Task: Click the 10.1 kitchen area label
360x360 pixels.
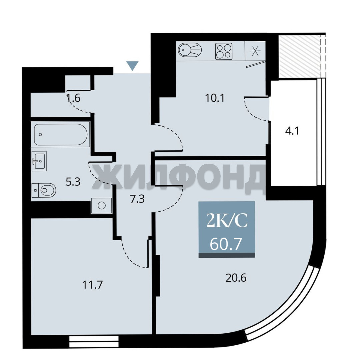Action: [214, 98]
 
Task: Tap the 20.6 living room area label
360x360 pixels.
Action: [236, 278]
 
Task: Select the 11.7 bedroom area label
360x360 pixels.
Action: [92, 285]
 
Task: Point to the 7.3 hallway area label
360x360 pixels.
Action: [137, 199]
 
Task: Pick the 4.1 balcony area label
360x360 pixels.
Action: [292, 131]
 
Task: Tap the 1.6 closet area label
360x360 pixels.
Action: [74, 98]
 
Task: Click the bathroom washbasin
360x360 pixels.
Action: [39, 161]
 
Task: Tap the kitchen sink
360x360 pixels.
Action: [190, 50]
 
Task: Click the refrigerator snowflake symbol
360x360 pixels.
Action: [255, 51]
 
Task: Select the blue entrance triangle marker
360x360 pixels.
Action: [133, 66]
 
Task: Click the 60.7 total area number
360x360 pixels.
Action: [226, 244]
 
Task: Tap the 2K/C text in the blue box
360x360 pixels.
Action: [227, 220]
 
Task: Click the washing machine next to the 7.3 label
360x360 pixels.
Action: [101, 205]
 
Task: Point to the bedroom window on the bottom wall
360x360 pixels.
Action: [94, 341]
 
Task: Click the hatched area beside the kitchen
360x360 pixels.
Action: [299, 56]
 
